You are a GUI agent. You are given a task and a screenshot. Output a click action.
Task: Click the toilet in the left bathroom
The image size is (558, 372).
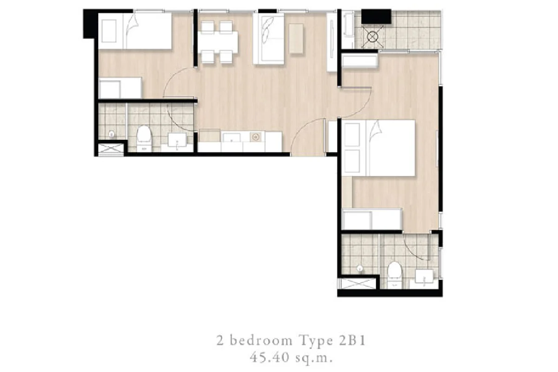coord(144,138)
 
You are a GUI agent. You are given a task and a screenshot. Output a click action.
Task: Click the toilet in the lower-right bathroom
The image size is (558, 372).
coord(395,275)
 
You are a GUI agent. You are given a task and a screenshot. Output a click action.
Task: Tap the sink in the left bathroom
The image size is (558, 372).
coord(177,140)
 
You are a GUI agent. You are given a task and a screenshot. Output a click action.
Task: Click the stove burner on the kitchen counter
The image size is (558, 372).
coord(255,136)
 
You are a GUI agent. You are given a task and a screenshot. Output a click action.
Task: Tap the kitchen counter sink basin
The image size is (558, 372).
coord(232,138)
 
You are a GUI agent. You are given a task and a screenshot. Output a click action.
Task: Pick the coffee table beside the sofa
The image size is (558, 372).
coord(296,39)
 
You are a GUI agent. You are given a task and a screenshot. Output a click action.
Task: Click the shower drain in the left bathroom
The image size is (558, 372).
coord(112,135)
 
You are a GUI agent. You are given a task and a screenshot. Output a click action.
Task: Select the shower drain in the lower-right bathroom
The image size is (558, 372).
coord(359,269)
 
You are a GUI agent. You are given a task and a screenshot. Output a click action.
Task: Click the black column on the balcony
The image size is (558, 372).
coord(376,16)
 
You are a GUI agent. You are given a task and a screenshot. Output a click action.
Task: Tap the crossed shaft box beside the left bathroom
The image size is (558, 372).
coord(110,149)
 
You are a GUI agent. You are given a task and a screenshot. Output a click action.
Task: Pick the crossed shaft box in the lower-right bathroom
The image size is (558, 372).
coord(358,284)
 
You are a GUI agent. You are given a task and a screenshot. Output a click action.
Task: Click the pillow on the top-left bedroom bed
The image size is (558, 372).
coord(109,31)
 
